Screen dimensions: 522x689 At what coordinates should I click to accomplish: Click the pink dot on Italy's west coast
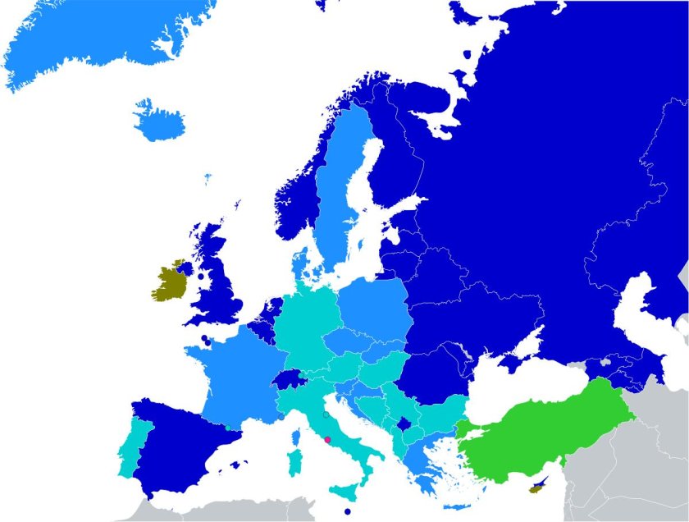pyautogui.click(x=327, y=441)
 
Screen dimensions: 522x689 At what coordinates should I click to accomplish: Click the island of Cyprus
pyautogui.click(x=539, y=487)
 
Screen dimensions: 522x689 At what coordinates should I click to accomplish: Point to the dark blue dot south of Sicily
pyautogui.click(x=348, y=512)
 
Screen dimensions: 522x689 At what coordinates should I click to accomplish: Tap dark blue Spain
pyautogui.click(x=176, y=447)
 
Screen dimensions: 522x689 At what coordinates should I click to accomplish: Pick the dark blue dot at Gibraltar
pyautogui.click(x=150, y=497)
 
